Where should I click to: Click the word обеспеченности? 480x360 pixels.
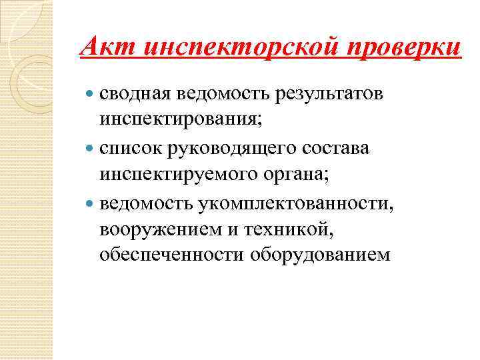[169, 253]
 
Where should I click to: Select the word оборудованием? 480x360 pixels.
[319, 253]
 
